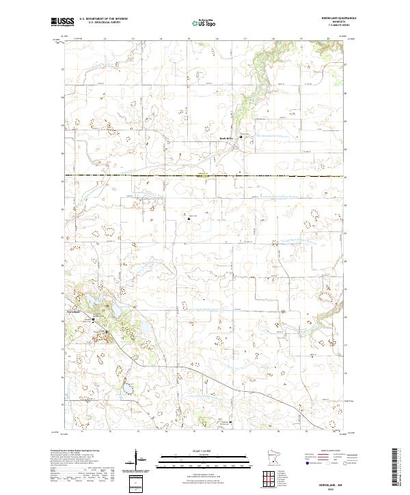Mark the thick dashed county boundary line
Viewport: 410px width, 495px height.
point(205,176)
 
